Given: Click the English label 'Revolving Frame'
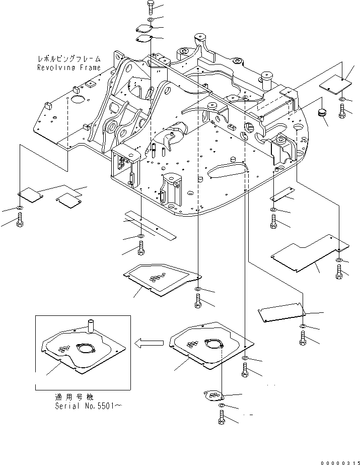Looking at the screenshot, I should [x=68, y=67].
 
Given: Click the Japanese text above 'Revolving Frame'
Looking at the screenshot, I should [x=68, y=59].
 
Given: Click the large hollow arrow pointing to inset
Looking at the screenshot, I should [x=149, y=344].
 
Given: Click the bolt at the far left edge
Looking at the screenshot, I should [x=20, y=219].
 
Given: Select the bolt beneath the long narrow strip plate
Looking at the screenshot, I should [x=141, y=248].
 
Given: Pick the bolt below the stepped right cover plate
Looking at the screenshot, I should [x=339, y=272].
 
